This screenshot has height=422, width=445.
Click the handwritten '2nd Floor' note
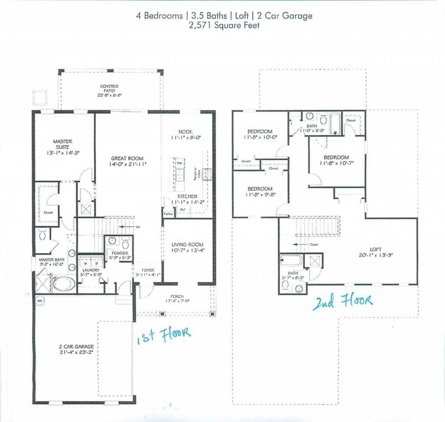tap(342, 302)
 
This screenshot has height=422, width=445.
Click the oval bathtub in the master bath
tap(64, 284)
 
